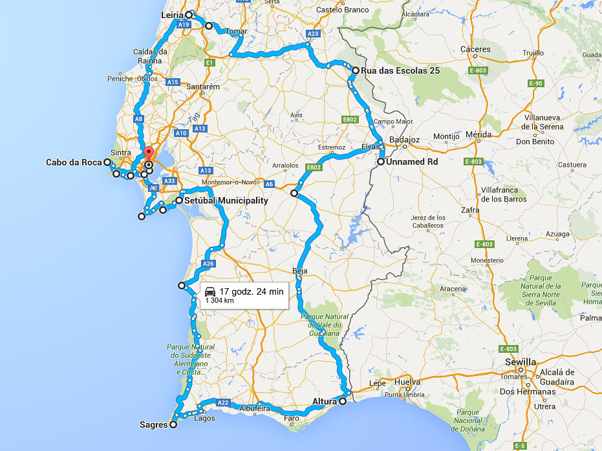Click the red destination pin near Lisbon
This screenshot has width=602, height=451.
[149, 154]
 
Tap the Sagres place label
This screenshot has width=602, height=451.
[153, 425]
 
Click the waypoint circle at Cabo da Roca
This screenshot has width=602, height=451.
[107, 162]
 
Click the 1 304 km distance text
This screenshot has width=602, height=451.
[220, 300]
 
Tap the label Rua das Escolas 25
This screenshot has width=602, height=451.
[396, 70]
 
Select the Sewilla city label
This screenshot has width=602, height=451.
[521, 362]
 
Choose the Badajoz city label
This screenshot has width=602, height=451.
[405, 140]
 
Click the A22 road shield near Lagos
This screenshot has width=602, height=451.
[223, 403]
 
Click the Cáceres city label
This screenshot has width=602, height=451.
[475, 49]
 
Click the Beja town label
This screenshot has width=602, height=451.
[300, 271]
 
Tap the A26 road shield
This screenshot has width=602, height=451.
[208, 264]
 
